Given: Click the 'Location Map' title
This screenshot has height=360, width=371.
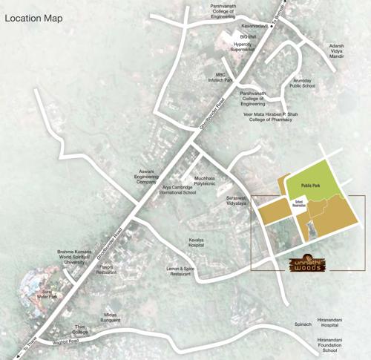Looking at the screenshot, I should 38,16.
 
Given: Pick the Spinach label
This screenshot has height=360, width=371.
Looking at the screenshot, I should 302,324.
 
